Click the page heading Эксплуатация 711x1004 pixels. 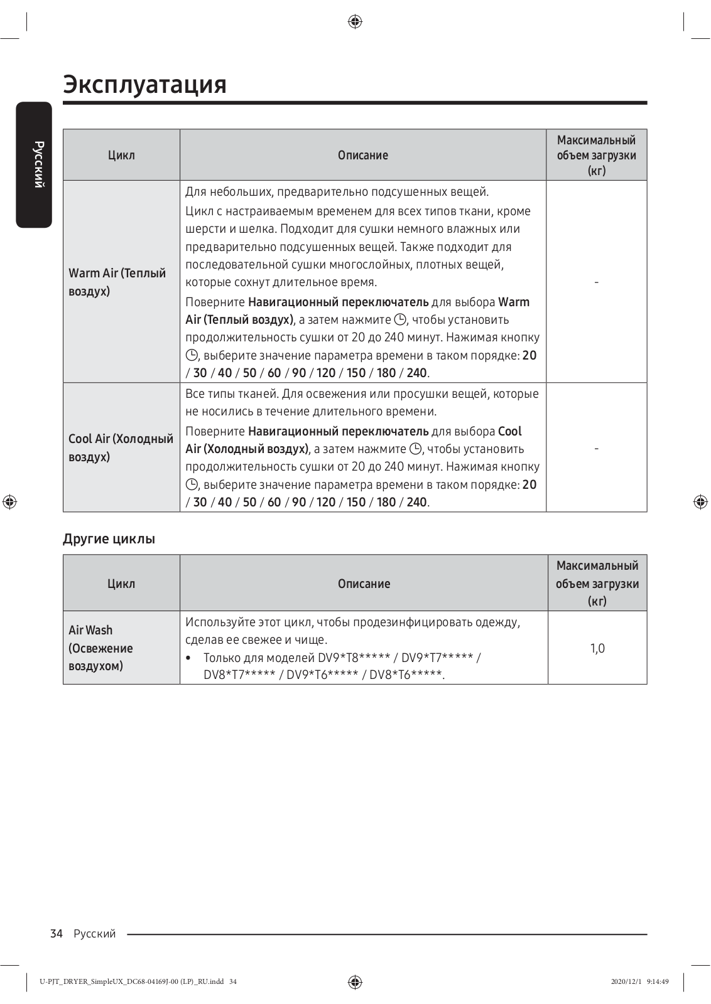pos(144,84)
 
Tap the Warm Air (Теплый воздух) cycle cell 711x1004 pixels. pos(117,282)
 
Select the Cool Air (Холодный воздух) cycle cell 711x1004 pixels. pos(121,447)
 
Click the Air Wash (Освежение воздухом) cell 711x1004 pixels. pos(100,648)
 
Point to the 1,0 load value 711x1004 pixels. pos(597,648)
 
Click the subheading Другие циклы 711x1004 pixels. pos(109,539)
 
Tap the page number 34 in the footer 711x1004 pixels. pos(57,934)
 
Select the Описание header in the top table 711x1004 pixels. pos(363,155)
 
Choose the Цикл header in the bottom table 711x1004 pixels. pos(121,584)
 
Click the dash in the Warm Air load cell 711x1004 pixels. pos(596,282)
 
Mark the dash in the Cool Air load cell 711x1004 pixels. pos(596,448)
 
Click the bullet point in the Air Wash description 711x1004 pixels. pos(189,658)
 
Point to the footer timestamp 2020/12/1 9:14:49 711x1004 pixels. pos(639,982)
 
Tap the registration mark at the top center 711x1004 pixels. pos(355,22)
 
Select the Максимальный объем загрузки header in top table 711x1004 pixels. pos(596,155)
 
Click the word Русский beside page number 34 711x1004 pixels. pos(95,934)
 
